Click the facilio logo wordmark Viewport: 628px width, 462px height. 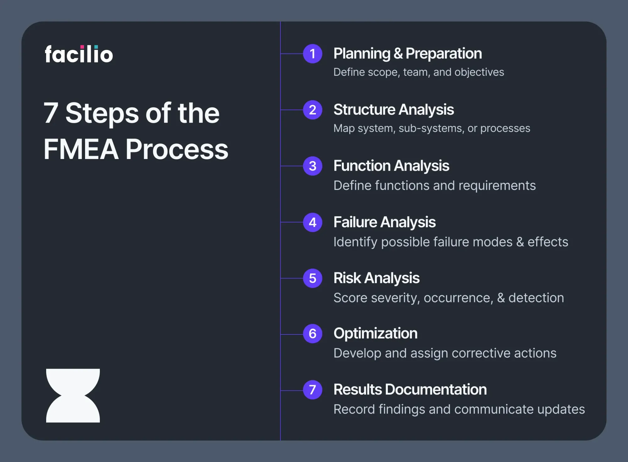[79, 54]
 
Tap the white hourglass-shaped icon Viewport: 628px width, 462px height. [73, 395]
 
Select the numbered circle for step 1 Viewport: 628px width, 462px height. [312, 54]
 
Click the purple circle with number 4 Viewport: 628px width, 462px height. [312, 222]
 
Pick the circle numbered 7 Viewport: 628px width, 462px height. [312, 390]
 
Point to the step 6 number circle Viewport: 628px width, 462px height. [312, 333]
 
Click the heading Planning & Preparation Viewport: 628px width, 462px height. [408, 53]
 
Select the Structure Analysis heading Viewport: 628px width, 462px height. [394, 110]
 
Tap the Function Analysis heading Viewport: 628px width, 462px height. [391, 166]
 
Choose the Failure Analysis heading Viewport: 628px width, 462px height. [385, 222]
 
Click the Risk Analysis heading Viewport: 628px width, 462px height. [376, 278]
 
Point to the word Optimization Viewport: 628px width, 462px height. [376, 333]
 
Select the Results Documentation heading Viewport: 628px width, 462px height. [410, 389]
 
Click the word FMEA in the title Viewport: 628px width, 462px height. [81, 149]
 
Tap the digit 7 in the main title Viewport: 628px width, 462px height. [51, 113]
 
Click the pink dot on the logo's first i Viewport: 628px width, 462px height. [82, 47]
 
